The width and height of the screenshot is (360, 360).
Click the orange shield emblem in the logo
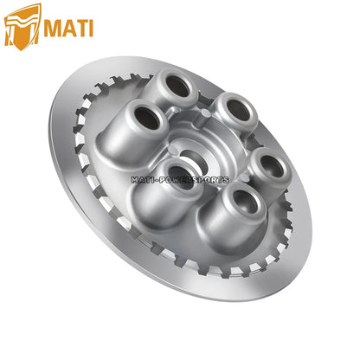click(x=22, y=25)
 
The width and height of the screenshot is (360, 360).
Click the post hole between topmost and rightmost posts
click(x=233, y=107)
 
